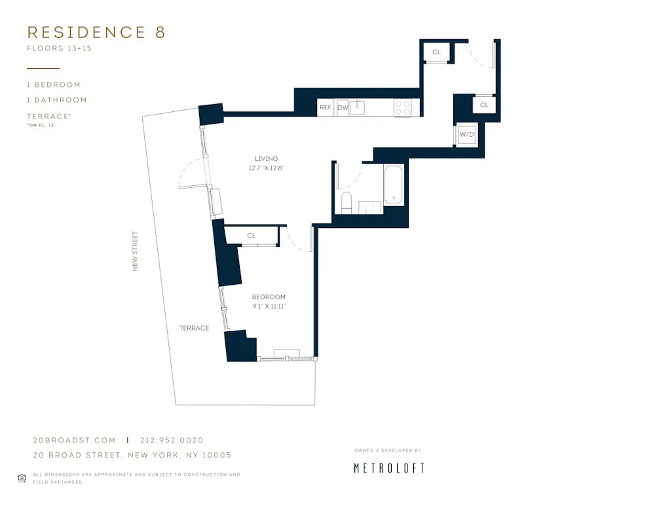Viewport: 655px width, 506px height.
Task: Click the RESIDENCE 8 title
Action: tap(96, 33)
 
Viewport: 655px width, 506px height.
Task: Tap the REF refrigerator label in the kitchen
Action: tap(325, 107)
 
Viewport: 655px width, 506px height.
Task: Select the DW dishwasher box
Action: tap(343, 108)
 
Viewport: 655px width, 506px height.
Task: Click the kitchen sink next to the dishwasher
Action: tap(358, 107)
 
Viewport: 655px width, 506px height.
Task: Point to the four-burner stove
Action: tap(402, 107)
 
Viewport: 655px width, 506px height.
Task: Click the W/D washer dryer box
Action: tap(467, 135)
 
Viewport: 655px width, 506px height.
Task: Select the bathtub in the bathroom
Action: tap(393, 186)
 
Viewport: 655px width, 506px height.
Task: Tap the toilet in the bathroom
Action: tap(346, 202)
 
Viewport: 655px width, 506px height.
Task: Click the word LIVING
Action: tap(267, 158)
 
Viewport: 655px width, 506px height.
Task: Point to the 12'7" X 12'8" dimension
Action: tap(267, 168)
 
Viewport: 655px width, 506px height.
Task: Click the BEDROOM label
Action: tap(269, 297)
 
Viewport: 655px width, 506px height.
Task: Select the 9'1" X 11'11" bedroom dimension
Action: tap(269, 306)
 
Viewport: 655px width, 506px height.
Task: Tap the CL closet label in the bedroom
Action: tap(252, 236)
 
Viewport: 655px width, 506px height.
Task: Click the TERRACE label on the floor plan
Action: tap(194, 328)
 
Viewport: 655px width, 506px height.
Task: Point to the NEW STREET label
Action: tap(136, 251)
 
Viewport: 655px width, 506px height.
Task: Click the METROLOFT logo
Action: tap(389, 468)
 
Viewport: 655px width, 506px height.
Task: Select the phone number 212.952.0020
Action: tap(172, 441)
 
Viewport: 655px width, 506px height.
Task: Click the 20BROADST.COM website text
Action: tap(74, 441)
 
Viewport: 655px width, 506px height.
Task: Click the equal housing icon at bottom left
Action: tap(22, 478)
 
